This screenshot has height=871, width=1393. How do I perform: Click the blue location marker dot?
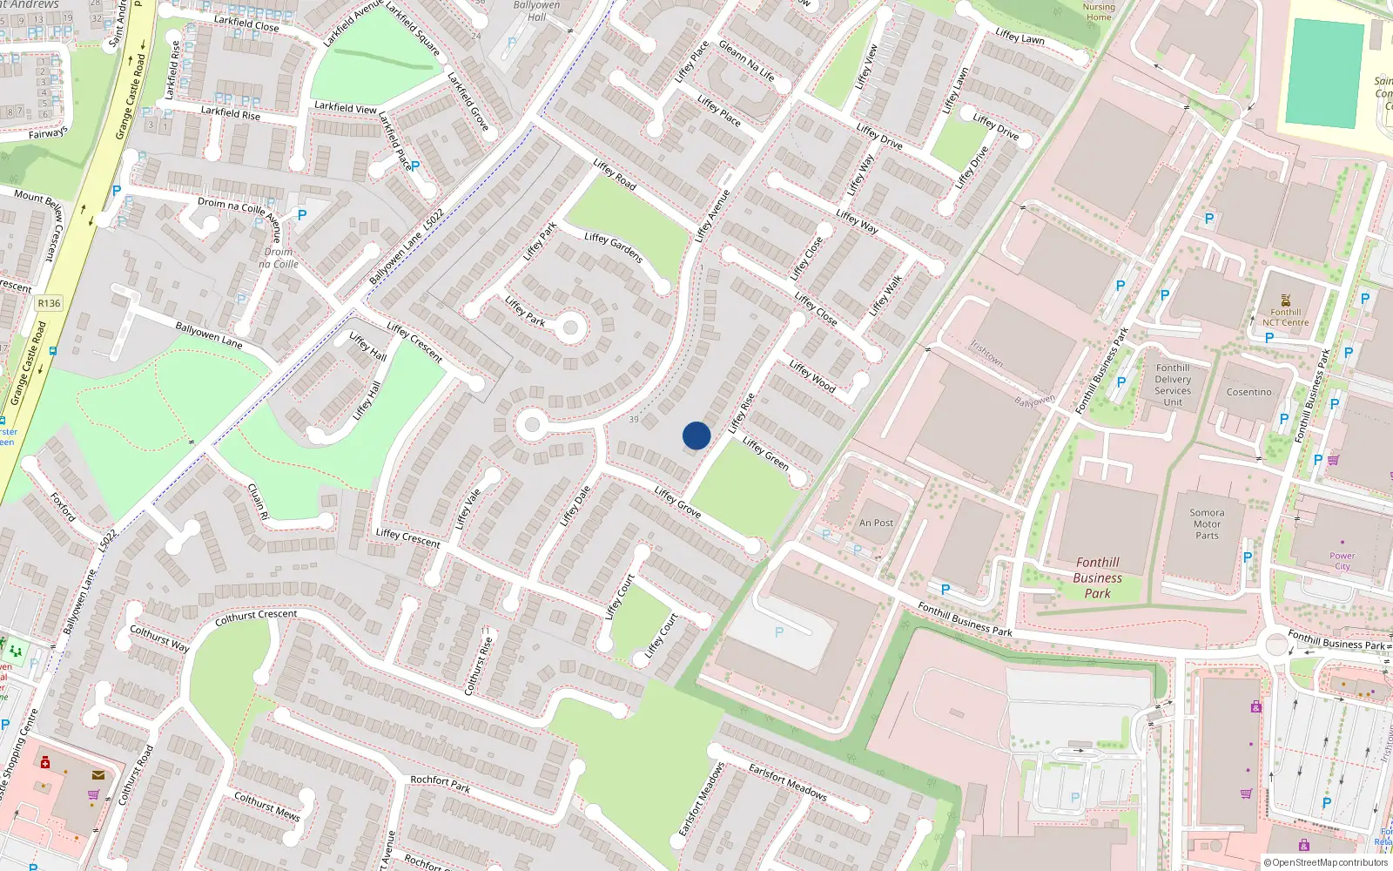[x=696, y=435]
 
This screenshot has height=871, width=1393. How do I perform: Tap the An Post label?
[x=876, y=523]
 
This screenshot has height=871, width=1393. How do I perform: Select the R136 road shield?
[x=49, y=303]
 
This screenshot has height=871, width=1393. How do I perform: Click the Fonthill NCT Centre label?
[x=1285, y=317]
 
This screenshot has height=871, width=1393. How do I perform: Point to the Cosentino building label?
[x=1248, y=392]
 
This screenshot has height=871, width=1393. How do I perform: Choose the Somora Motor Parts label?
[x=1207, y=523]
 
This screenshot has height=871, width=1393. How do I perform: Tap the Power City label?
[x=1342, y=561]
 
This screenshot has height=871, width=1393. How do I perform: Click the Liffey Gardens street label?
[x=614, y=248]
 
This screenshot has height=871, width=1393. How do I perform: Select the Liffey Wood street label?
[x=812, y=375]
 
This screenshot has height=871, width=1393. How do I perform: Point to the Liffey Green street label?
[x=765, y=454]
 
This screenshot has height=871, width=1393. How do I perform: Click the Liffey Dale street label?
[x=575, y=505]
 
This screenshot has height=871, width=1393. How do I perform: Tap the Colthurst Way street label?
[x=159, y=638]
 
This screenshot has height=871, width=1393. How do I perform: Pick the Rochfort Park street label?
[x=440, y=784]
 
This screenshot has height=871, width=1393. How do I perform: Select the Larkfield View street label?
[x=345, y=108]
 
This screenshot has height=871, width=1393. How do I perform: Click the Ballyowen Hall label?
[x=537, y=11]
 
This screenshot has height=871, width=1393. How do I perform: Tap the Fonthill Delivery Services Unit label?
[x=1173, y=385]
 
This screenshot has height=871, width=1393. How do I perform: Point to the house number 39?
[x=634, y=420]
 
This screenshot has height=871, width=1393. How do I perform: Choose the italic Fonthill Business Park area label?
[x=1097, y=577]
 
